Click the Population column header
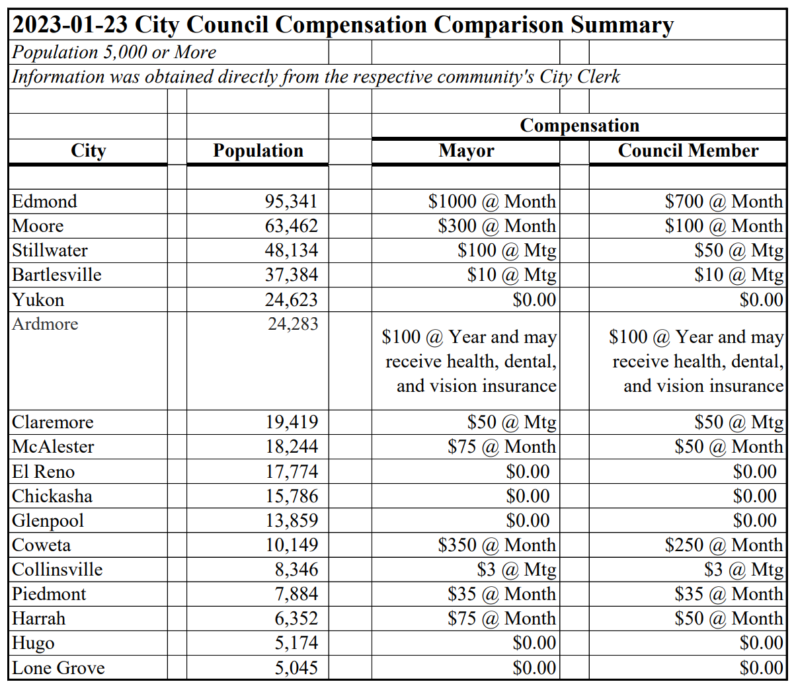258,151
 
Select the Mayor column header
466,151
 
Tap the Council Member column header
688,151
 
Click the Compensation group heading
579,126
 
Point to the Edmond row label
44,201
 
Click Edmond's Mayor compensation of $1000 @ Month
492,201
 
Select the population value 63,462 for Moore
292,226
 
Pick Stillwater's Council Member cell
738,250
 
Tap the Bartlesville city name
57,275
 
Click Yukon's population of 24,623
292,300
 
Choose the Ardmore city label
45,324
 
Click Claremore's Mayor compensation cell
511,422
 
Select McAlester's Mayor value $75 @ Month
501,447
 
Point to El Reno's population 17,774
292,472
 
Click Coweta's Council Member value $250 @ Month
723,545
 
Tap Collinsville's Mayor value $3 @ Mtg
516,570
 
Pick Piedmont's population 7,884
296,594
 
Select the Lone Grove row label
58,668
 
